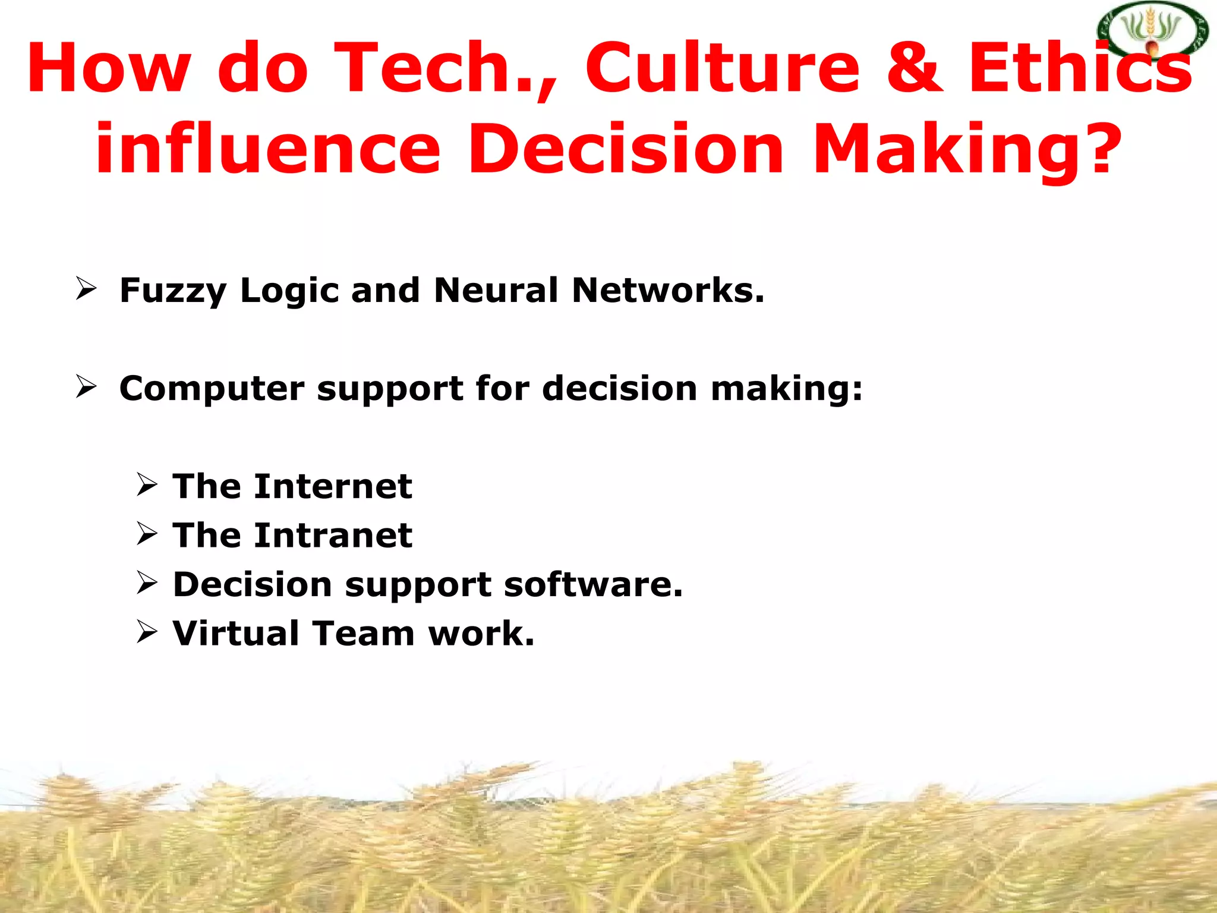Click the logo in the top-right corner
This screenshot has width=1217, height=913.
[x=1152, y=31]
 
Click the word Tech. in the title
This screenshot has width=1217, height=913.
[x=445, y=68]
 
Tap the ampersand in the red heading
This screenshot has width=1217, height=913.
[x=914, y=68]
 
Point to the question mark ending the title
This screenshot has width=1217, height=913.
[x=1104, y=149]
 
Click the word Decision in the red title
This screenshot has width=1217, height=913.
[x=626, y=149]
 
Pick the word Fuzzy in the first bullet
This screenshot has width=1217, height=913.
[x=173, y=291]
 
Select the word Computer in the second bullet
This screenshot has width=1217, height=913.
[x=212, y=389]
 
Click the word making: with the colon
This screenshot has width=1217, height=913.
[x=786, y=389]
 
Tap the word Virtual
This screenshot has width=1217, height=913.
[x=235, y=633]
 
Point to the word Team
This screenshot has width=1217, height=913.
[x=363, y=633]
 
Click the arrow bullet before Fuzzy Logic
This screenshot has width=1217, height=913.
[x=87, y=289]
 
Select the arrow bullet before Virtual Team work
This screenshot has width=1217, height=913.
[x=147, y=632]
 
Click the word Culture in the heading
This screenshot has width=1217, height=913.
[x=723, y=68]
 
